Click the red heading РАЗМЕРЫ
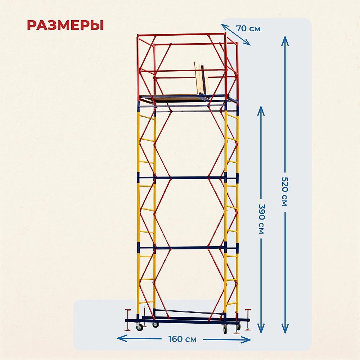coord(65,25)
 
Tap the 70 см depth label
coord(248,28)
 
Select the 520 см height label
coord(284,192)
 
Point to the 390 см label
coord(261,219)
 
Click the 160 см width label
coord(183,339)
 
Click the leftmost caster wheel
coord(139,328)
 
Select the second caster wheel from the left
coord(156,324)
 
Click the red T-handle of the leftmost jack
coord(128,310)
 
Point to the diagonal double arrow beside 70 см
coord(235,35)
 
